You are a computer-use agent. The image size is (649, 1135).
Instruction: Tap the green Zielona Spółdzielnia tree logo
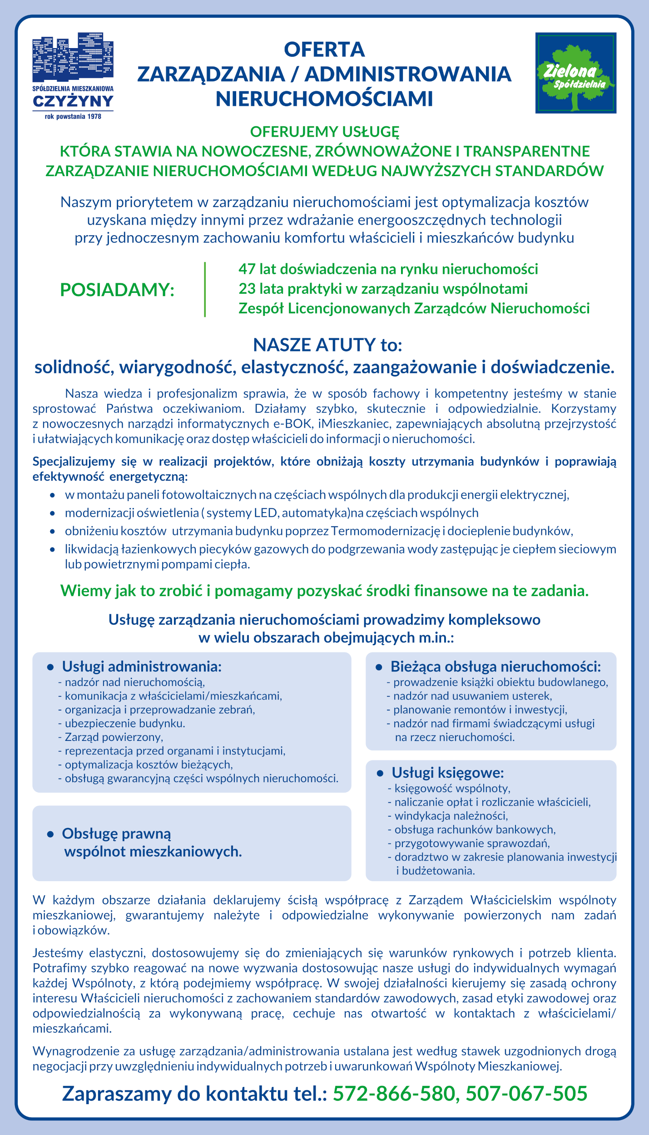click(x=575, y=73)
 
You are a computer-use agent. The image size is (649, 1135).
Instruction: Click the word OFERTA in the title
click(x=324, y=49)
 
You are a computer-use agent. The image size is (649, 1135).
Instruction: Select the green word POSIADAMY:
click(x=117, y=290)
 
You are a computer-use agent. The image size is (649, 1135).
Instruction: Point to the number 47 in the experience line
click(x=247, y=269)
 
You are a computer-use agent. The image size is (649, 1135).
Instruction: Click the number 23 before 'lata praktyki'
click(x=247, y=289)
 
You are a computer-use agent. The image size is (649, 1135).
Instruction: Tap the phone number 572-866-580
click(x=394, y=1093)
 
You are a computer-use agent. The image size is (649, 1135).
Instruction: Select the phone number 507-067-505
click(x=526, y=1093)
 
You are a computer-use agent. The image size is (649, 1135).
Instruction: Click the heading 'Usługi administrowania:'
click(x=142, y=666)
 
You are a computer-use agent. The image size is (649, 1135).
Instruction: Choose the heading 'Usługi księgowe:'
click(x=448, y=773)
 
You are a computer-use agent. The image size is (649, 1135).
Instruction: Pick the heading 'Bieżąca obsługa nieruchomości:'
click(x=495, y=666)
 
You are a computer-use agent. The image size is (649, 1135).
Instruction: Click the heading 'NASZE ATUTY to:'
click(x=327, y=345)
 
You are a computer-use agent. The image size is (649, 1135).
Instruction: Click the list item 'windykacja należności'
click(x=451, y=816)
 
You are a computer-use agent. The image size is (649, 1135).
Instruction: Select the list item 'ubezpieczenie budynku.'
click(x=125, y=723)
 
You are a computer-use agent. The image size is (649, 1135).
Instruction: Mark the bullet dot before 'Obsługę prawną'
click(x=50, y=834)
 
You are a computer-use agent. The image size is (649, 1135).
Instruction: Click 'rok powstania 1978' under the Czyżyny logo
click(x=73, y=117)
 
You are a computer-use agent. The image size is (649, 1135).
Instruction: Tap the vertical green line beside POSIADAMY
click(x=205, y=289)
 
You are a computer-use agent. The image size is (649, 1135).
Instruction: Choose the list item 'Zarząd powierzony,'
click(x=114, y=737)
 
